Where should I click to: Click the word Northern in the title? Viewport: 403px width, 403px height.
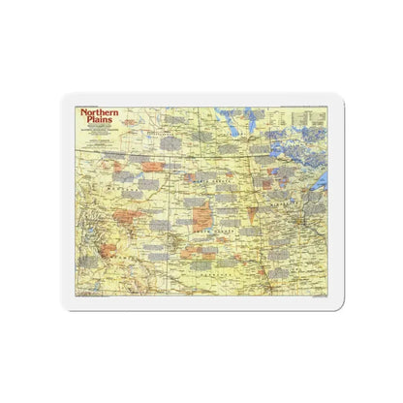point(101,112)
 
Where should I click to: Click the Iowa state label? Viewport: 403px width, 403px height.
point(291,262)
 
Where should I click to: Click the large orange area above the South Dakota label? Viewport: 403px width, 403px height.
point(202,215)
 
